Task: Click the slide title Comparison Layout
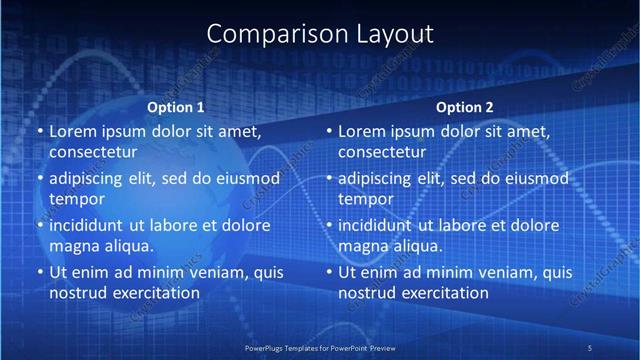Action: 320,33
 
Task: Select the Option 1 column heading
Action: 176,107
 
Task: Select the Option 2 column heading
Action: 465,107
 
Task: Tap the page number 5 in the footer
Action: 589,347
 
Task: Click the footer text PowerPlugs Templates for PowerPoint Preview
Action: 320,347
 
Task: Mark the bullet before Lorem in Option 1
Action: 40,132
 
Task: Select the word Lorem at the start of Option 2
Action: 361,131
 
